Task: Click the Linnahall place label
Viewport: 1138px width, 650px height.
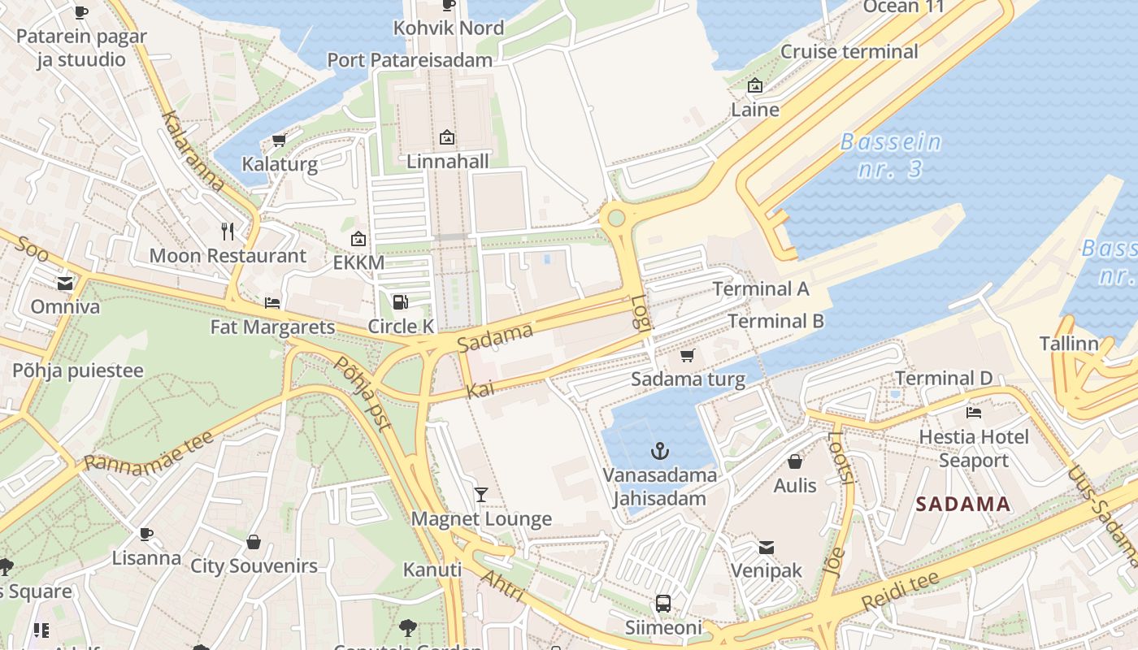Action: (448, 161)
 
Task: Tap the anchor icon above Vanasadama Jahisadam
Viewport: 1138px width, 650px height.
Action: (660, 451)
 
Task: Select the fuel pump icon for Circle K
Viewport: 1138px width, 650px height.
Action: (400, 302)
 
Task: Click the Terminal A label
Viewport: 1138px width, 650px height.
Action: (761, 288)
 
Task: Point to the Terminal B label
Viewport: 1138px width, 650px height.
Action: (775, 321)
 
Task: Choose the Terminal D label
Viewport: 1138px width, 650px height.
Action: (944, 378)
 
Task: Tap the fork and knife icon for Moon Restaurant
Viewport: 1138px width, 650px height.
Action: (228, 232)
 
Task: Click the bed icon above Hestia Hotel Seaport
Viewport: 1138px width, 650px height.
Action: (974, 413)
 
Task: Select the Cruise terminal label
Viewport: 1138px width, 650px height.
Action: (849, 52)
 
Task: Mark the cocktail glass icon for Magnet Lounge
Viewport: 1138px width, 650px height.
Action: (481, 494)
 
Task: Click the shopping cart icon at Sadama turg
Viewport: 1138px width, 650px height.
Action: (688, 355)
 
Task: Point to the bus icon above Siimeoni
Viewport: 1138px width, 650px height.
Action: (663, 604)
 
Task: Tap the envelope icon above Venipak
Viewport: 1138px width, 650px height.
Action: (766, 547)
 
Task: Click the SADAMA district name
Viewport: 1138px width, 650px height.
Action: (963, 504)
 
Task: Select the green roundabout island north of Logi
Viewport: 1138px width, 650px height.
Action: (616, 218)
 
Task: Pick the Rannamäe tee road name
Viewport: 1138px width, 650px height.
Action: (149, 452)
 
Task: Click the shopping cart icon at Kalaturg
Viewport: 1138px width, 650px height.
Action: (280, 140)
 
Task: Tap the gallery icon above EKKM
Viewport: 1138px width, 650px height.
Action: (358, 239)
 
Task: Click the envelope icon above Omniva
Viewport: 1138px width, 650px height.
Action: (65, 284)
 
